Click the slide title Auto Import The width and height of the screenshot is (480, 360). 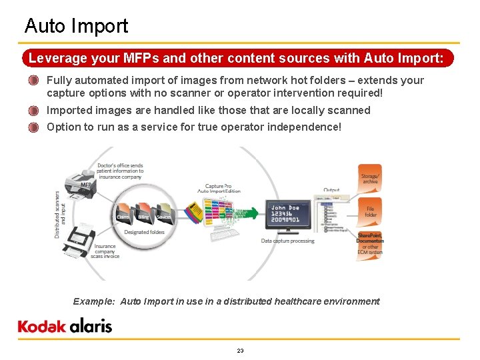(76, 26)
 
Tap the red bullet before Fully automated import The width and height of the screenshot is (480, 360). (33, 81)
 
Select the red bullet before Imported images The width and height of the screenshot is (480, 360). (33, 111)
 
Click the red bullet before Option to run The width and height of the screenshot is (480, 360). (33, 127)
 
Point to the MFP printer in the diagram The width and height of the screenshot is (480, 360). (81, 182)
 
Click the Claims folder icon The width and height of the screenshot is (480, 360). (123, 211)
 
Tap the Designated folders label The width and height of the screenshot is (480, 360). (145, 233)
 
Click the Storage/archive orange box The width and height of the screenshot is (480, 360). (370, 179)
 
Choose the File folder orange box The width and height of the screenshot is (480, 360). (371, 211)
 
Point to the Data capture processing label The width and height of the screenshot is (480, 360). (287, 241)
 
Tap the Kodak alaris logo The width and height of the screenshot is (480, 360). (65, 326)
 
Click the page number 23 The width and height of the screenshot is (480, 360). (240, 351)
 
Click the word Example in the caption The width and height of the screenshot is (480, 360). (93, 301)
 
